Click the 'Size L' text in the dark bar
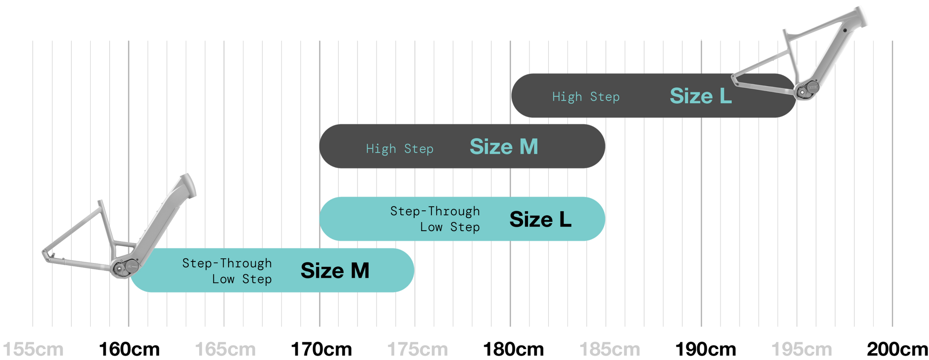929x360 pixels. [700, 96]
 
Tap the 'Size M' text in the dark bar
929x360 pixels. [504, 147]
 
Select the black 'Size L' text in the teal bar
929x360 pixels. [540, 219]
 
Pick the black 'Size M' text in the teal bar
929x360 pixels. [335, 271]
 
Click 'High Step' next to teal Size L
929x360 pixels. [586, 97]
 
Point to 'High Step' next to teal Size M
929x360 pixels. [400, 149]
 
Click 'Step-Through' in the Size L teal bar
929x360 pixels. [435, 211]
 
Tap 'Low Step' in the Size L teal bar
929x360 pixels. [450, 227]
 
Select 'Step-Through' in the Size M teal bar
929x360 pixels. [227, 263]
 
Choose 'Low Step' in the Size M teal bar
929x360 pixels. [242, 279]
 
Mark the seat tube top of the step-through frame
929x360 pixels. [101, 202]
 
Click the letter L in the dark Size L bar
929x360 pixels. [725, 96]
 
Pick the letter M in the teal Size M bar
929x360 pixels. [360, 271]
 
